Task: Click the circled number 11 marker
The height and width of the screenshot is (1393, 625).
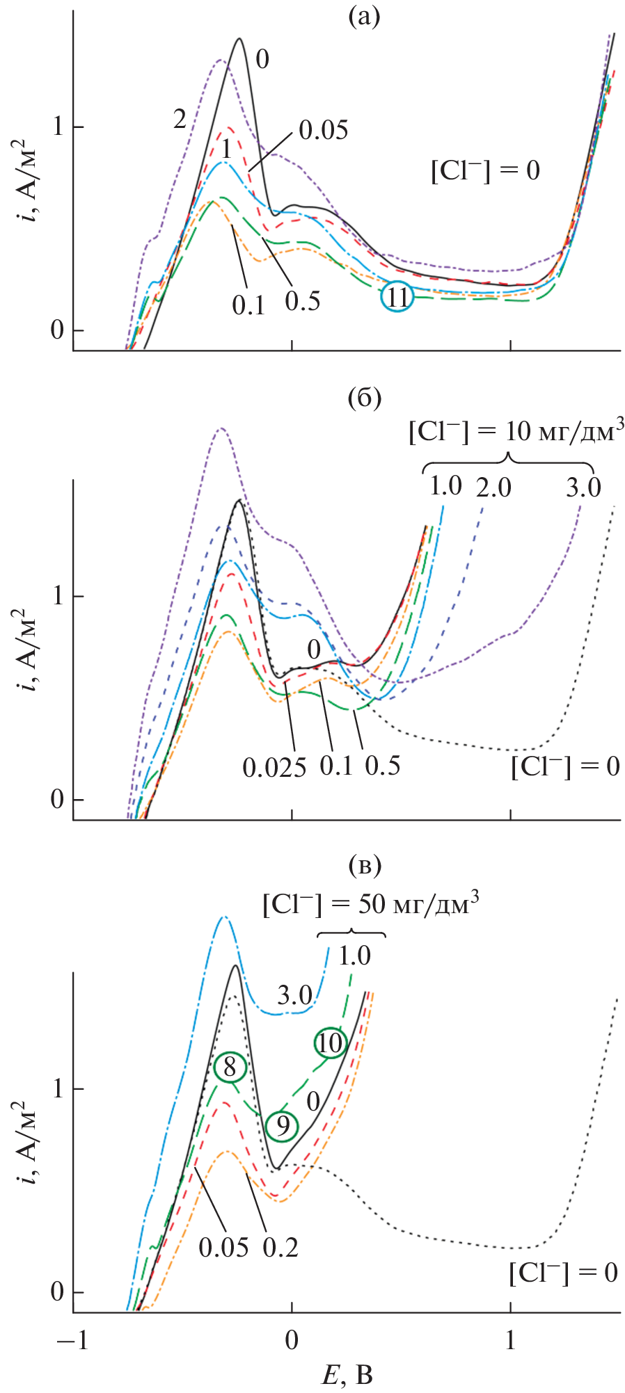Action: [x=397, y=297]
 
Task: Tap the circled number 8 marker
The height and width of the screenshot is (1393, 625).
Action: [x=230, y=1066]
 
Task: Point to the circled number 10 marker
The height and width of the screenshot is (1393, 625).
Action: [x=330, y=1042]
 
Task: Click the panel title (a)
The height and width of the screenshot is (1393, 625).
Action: [x=364, y=17]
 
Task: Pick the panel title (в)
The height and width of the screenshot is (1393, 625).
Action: [x=364, y=866]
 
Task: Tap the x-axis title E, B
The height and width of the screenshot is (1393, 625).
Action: [x=347, y=1374]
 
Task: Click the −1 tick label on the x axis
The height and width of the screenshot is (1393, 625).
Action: [x=72, y=1339]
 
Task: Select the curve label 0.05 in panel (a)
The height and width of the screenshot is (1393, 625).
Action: [x=324, y=130]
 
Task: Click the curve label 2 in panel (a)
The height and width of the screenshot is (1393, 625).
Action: [x=180, y=120]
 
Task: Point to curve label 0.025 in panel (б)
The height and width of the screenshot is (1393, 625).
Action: [x=274, y=767]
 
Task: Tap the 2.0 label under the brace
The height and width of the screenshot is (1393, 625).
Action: [x=493, y=488]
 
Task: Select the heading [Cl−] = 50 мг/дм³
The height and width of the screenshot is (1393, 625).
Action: [x=370, y=904]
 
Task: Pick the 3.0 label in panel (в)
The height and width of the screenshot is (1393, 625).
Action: [x=294, y=996]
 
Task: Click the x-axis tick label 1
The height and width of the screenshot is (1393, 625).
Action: [x=510, y=1339]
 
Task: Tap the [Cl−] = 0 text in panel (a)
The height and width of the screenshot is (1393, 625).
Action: [x=485, y=170]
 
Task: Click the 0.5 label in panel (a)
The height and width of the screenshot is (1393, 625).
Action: [x=303, y=301]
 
